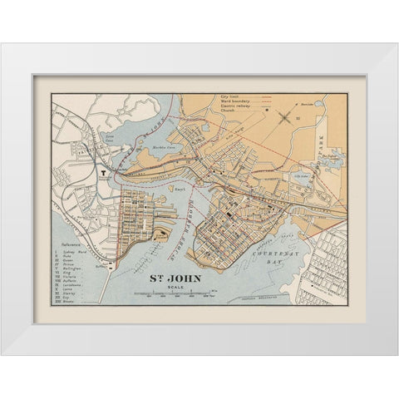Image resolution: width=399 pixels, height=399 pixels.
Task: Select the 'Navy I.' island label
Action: pos(177,189)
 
